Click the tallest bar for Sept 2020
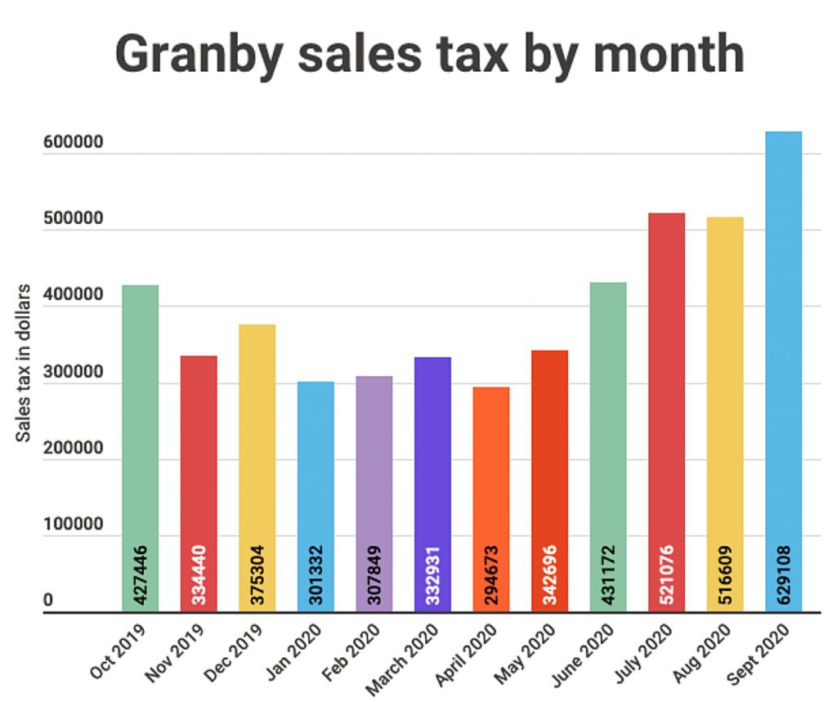tap(783, 368)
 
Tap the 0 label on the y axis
tap(48, 601)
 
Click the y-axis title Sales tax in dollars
tap(25, 364)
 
